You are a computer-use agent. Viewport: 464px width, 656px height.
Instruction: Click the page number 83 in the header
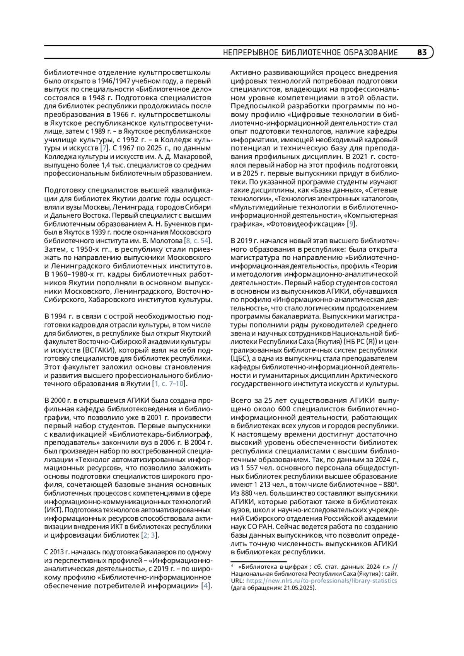pos(422,53)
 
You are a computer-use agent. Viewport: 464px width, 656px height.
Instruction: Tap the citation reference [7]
pos(103,148)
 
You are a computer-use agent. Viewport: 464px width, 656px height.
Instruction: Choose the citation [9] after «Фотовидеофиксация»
pos(351,224)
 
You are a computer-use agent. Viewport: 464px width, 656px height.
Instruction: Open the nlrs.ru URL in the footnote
pos(321,581)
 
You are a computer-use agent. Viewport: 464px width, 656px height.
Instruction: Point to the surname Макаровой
pos(193,157)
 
